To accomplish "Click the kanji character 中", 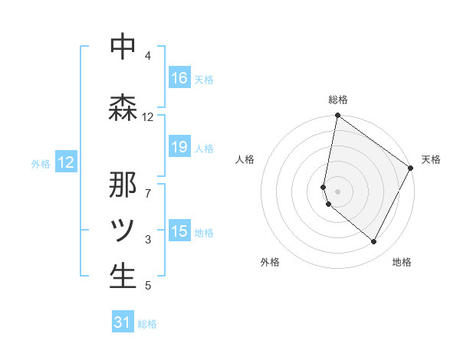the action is [x=123, y=47].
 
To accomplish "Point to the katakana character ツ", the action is [x=123, y=230].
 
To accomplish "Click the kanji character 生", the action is [x=123, y=277].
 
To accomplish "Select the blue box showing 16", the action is [x=179, y=78].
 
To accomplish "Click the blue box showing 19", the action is [x=179, y=148].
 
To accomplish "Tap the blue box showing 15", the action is [x=179, y=232].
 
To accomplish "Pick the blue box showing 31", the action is [x=123, y=323].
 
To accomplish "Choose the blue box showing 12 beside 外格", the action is [x=66, y=162].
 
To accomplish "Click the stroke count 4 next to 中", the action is [x=148, y=56].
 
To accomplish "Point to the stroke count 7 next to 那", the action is [x=148, y=185].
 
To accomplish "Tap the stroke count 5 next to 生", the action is [x=148, y=286].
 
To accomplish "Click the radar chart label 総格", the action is [x=338, y=100].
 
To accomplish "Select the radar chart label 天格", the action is [x=432, y=159].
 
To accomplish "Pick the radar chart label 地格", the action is [x=402, y=262].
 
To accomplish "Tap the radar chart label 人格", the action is [x=245, y=159].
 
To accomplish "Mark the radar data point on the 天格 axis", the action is [x=411, y=168].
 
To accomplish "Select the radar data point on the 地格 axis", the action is [x=374, y=242].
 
